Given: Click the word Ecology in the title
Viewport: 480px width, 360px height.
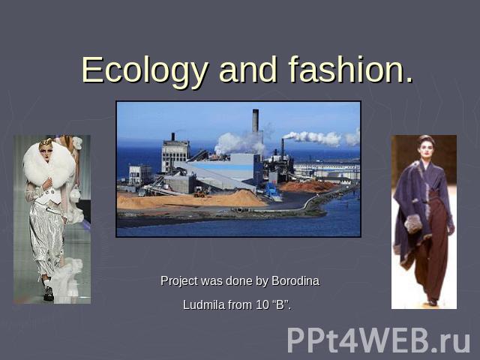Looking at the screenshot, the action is coord(145,70).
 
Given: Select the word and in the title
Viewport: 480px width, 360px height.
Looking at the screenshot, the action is coord(248,70).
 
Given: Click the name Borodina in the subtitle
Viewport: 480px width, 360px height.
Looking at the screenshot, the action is coord(295,280).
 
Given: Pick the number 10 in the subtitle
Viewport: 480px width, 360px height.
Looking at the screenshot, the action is coord(262,305).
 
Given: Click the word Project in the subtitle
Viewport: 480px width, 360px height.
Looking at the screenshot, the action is coord(179,281).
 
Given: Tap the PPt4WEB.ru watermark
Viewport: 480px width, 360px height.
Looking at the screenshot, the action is coord(378,340).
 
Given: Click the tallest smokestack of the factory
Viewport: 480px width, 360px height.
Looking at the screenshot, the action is coord(255,121).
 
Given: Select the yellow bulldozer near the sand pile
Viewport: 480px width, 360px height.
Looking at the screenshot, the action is coord(200,193).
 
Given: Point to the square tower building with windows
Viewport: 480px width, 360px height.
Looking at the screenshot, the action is coord(175,156).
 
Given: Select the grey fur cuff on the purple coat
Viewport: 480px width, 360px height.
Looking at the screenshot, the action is coord(412,223).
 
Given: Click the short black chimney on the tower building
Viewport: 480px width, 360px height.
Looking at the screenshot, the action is coord(173,136).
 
